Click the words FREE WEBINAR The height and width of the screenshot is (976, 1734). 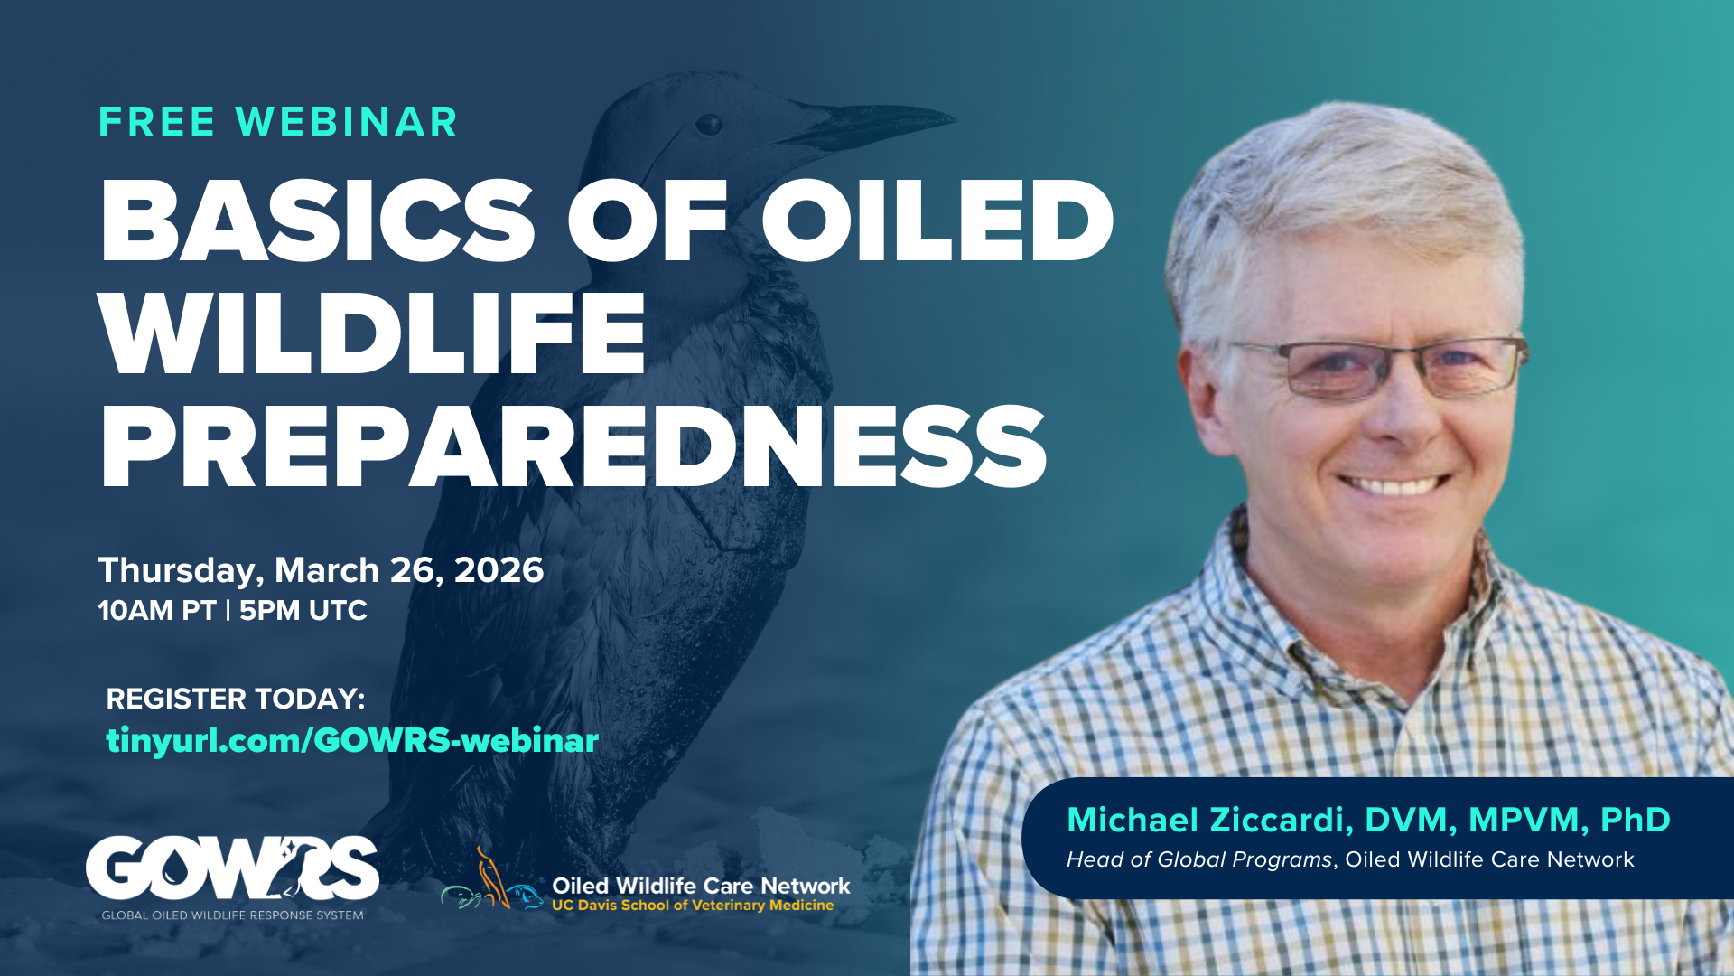tap(278, 122)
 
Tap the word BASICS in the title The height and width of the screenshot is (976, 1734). tap(316, 221)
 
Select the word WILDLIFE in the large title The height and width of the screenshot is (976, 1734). tap(372, 334)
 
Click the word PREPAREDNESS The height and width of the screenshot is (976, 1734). tap(573, 447)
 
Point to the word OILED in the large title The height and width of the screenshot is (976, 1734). tap(937, 221)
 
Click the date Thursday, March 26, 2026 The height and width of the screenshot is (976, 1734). tap(321, 570)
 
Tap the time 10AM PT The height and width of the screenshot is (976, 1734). tap(156, 611)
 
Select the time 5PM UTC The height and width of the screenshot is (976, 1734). tap(303, 611)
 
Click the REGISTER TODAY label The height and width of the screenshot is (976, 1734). tap(236, 699)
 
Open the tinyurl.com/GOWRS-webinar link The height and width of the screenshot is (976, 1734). tap(352, 740)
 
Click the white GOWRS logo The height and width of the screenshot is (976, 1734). tap(232, 868)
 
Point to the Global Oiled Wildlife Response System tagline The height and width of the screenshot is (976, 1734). tap(232, 915)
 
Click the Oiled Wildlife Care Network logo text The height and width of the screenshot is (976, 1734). tap(701, 886)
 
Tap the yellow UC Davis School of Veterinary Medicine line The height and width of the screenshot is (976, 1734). tap(693, 906)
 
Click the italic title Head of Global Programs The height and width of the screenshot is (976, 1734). tap(1198, 859)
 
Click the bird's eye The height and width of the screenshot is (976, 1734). tap(709, 124)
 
